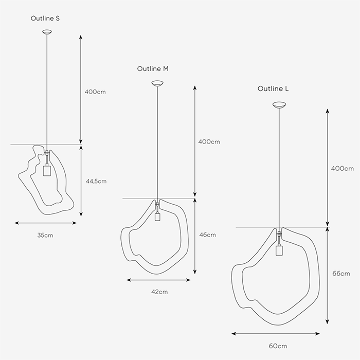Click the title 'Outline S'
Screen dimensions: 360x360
point(45,19)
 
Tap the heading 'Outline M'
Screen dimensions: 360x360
point(153,68)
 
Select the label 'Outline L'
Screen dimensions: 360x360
point(273,88)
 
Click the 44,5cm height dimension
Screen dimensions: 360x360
point(96,182)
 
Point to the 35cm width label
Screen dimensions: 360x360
point(45,236)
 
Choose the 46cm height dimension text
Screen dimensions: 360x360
point(208,235)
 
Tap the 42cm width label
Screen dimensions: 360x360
point(159,292)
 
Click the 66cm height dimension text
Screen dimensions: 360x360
point(341,274)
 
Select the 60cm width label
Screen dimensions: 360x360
point(278,346)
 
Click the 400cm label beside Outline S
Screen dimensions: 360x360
point(95,92)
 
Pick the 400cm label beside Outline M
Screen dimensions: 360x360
point(209,141)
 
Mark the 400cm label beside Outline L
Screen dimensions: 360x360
point(343,169)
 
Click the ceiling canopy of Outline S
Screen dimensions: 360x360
point(47,32)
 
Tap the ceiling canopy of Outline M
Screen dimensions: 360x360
point(157,83)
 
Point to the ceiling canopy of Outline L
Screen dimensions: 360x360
point(279,105)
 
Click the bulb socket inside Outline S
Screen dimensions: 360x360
point(47,170)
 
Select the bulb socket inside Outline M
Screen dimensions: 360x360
point(157,216)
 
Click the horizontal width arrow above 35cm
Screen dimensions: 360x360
point(45,223)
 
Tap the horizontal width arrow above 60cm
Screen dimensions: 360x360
point(276,334)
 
